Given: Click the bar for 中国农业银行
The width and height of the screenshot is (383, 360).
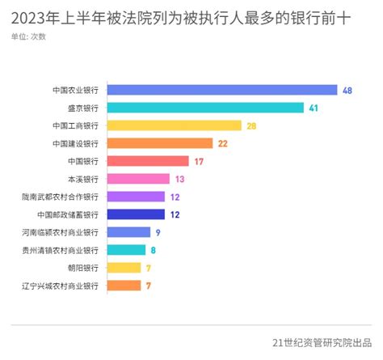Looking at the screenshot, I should point(221,90).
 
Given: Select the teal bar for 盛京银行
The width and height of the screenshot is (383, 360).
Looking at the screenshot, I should point(205,108).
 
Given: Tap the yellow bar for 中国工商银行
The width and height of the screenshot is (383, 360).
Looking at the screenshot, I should point(174,125).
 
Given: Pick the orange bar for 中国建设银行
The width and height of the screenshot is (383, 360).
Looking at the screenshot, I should point(159,143).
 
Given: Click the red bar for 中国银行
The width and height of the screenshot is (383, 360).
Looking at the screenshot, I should point(148,161).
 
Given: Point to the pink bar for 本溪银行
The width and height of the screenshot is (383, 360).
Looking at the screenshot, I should point(138,179).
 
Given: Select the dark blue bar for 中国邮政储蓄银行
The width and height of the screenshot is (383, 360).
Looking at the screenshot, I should point(136,214).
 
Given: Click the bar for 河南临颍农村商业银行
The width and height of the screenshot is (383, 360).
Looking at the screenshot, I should point(128,232).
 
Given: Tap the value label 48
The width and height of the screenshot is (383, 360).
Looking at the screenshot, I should point(347,90).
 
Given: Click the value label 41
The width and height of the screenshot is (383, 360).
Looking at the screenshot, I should point(314,108).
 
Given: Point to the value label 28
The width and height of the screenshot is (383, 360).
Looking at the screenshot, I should point(252,125).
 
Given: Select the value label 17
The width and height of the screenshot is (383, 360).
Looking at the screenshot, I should point(199,161).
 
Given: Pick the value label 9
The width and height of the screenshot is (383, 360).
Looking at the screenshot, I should point(158,232).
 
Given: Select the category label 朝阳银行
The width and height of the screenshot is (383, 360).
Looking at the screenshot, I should point(82,268).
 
